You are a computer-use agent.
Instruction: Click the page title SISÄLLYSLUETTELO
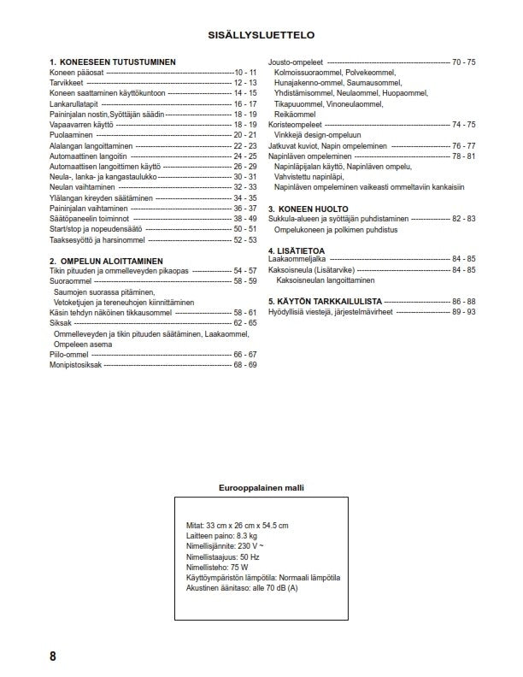tap(261, 36)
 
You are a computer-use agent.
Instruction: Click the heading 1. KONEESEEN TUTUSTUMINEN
tap(113, 62)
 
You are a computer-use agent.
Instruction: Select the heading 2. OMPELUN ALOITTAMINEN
tap(106, 261)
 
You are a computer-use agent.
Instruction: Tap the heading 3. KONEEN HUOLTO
tap(309, 209)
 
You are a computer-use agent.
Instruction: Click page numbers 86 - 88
tap(464, 302)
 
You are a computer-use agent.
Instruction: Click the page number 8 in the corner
tap(53, 656)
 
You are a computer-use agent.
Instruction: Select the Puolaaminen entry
tap(71, 135)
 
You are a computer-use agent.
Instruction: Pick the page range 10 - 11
tap(245, 73)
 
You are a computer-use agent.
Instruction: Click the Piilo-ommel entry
tap(69, 354)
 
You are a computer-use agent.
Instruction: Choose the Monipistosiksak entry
tap(76, 364)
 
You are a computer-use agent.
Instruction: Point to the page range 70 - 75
tap(464, 62)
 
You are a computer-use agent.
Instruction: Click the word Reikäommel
tap(295, 114)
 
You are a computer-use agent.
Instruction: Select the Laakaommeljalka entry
tap(298, 259)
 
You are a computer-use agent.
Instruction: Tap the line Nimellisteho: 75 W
tap(217, 567)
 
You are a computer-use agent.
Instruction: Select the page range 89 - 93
tap(464, 312)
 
